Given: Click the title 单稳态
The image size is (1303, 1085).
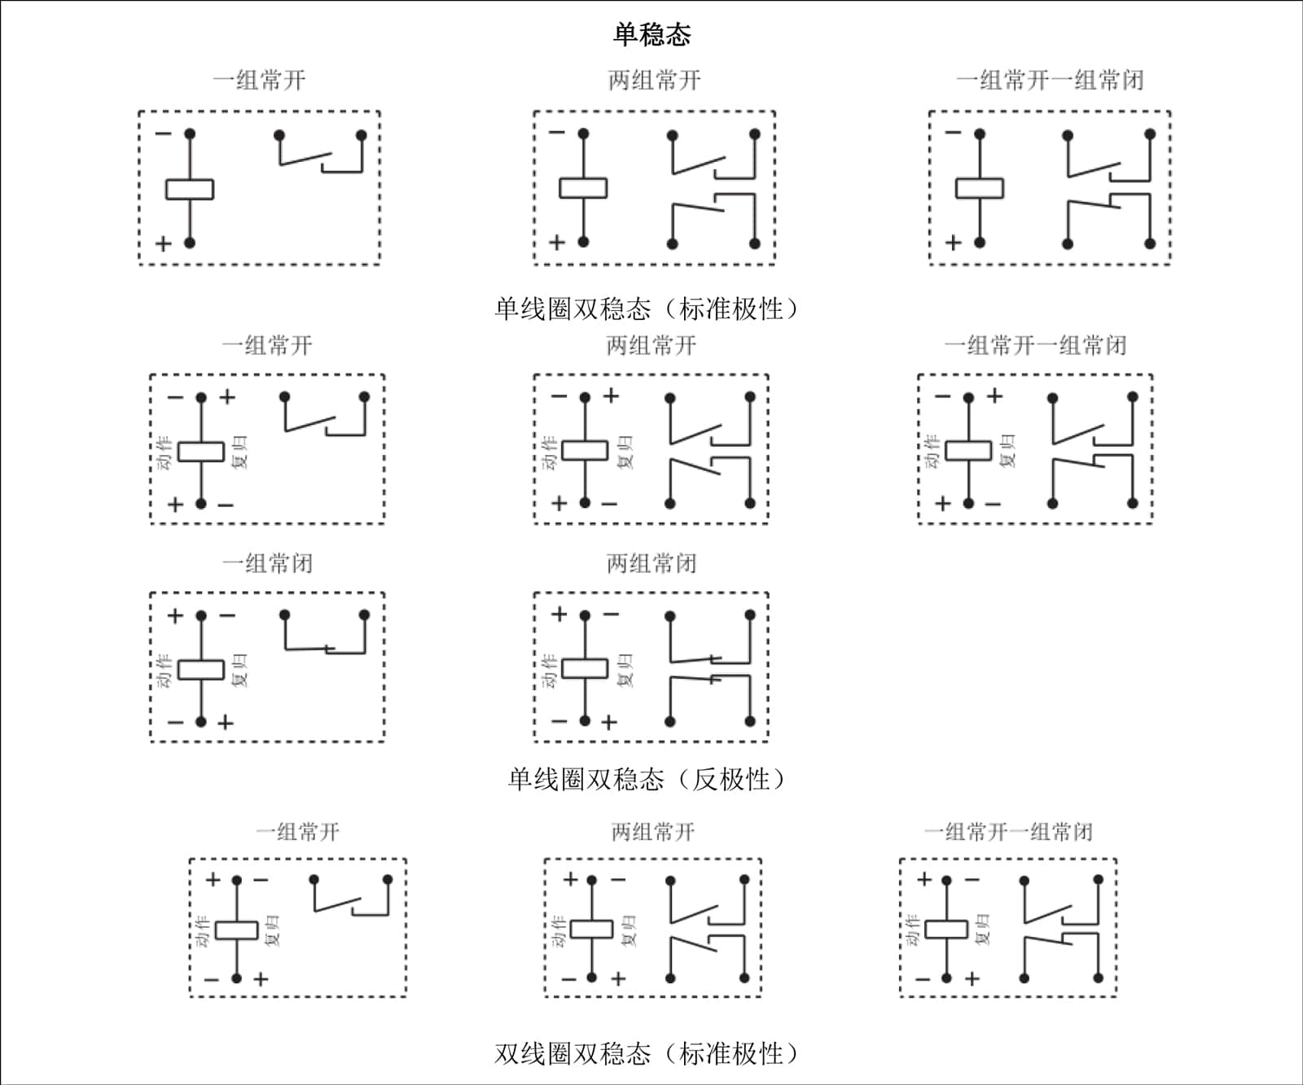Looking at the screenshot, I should point(651,34).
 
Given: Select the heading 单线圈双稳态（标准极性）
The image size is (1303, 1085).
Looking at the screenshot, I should point(648,309).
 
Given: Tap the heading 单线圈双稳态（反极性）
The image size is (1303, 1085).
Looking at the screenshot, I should point(648,780).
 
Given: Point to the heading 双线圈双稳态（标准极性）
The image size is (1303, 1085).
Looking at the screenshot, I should point(648,1054).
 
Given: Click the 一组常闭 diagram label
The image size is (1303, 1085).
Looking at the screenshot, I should point(267,563).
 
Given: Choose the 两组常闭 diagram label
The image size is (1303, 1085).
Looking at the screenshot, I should point(651,563).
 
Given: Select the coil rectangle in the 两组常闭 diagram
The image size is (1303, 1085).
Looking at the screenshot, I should point(585,669).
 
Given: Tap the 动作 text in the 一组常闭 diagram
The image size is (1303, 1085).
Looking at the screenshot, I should point(165,670).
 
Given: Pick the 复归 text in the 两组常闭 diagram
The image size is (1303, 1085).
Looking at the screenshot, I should point(625,670).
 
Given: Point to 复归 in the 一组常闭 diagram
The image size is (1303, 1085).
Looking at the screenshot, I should point(240,670).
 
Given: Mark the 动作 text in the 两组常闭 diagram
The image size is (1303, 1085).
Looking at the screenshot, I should point(550,670).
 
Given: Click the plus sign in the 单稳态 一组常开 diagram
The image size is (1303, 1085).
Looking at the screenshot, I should point(163,243).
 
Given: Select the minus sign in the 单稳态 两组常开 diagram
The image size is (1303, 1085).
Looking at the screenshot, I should point(557,132).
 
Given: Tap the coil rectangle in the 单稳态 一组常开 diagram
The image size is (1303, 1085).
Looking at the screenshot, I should point(190,189).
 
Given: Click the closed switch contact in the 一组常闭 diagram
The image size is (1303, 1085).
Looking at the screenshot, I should point(326,650).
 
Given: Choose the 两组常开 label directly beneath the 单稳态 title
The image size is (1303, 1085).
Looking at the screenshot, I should point(654,80).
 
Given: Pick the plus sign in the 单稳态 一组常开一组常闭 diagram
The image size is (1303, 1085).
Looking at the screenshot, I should point(953,243).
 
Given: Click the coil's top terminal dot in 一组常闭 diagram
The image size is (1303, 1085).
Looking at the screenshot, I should point(201,616).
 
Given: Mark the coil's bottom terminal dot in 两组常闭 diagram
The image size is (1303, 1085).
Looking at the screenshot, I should point(585,721).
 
